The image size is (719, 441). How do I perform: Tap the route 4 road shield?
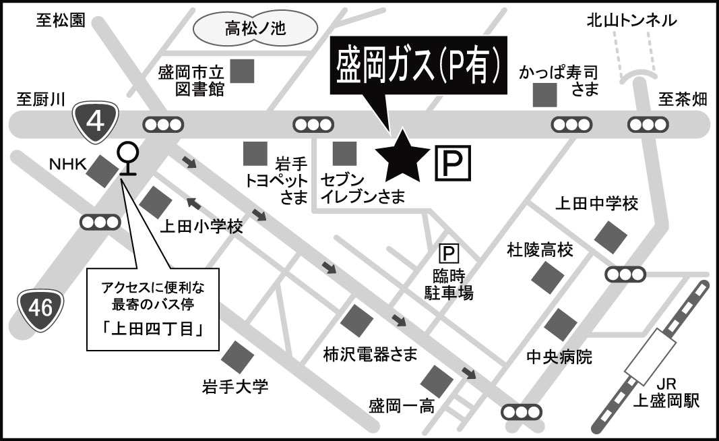pyautogui.click(x=96, y=121)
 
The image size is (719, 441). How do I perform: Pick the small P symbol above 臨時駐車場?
pyautogui.click(x=448, y=254)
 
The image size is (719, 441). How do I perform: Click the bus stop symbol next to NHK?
pyautogui.click(x=126, y=159)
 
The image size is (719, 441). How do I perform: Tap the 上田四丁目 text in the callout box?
pyautogui.click(x=154, y=332)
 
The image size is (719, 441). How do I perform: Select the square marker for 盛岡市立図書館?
pyautogui.click(x=242, y=70)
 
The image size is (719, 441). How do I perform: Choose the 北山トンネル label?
pyautogui.click(x=630, y=21)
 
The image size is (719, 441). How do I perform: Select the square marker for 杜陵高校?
pyautogui.click(x=547, y=276)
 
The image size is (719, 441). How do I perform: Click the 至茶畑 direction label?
pyautogui.click(x=683, y=99)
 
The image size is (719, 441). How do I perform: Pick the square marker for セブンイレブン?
pyautogui.click(x=346, y=153)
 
